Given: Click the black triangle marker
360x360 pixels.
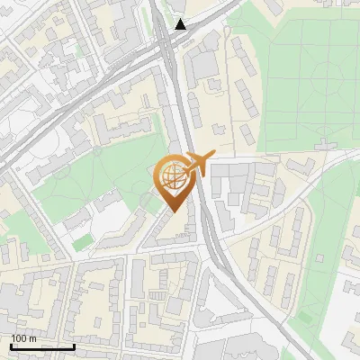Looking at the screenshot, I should (181, 24).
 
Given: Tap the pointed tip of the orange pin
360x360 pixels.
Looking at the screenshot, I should (172, 211).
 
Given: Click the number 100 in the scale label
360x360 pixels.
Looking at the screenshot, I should (19, 338).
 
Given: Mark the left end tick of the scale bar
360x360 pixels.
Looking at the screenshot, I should (11, 345).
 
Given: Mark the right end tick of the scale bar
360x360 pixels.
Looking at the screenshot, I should (74, 345).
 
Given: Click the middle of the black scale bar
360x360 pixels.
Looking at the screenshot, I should (42, 346).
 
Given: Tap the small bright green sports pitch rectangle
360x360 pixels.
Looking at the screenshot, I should (83, 241).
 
